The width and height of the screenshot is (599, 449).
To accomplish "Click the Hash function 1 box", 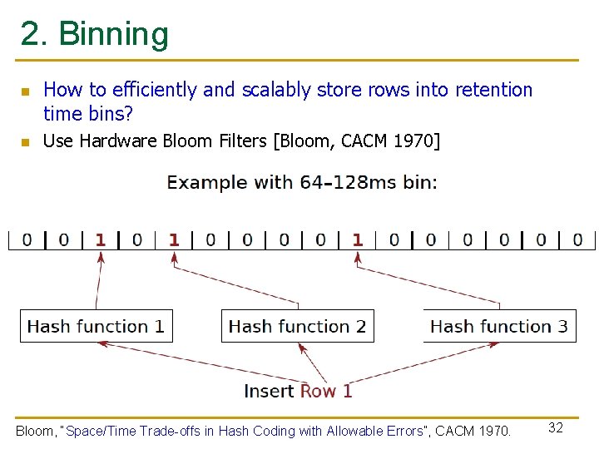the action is [x=96, y=326].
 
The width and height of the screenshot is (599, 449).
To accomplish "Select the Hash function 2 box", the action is [x=297, y=326].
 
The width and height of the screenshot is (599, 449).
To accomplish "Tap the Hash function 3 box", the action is [x=498, y=326].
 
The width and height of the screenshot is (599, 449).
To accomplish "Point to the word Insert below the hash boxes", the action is [x=269, y=391].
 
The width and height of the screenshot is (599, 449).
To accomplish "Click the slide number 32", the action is [x=556, y=427].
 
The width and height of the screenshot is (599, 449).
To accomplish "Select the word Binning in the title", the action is [x=114, y=34].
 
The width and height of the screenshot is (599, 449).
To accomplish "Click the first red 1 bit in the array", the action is [x=101, y=239].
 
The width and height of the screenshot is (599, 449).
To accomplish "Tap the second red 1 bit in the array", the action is [x=174, y=239].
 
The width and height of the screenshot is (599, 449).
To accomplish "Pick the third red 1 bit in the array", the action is [x=357, y=239].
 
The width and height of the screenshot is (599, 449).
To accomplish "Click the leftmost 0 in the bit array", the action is [x=27, y=239].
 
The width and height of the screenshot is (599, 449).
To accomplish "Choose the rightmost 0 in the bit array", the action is [x=577, y=239].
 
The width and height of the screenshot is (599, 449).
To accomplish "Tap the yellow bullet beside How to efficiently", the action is [x=25, y=91].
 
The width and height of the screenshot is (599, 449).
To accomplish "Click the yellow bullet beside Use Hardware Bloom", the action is [x=25, y=142].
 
